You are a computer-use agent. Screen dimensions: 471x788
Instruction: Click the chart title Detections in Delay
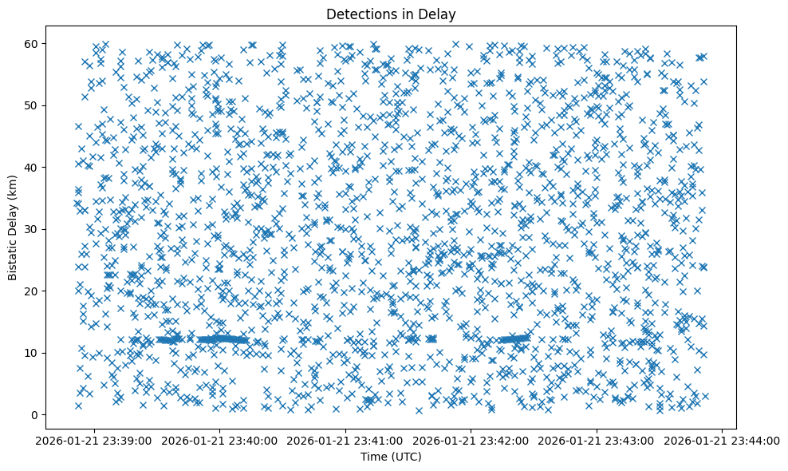(x=392, y=14)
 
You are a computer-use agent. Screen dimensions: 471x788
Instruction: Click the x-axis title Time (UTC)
(x=392, y=457)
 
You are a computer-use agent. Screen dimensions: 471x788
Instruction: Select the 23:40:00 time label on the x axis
(x=221, y=440)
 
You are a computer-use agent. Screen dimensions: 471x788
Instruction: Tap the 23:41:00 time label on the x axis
(x=346, y=440)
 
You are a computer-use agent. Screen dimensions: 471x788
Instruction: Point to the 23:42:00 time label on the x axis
(x=471, y=440)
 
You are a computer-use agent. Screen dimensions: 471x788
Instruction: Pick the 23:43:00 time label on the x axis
(x=597, y=440)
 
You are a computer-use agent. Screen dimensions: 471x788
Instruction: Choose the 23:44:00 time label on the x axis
(x=722, y=440)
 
